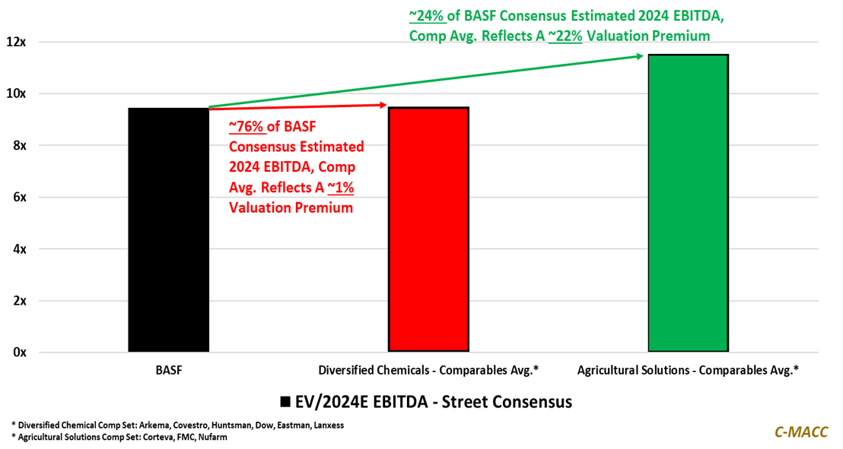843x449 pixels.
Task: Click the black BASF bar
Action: tap(168, 229)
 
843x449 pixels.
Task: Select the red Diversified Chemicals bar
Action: tap(428, 229)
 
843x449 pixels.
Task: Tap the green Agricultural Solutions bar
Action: tap(688, 203)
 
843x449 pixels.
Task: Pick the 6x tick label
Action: tap(18, 197)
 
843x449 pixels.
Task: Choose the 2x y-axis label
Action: tap(18, 300)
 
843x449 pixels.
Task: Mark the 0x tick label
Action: tap(18, 352)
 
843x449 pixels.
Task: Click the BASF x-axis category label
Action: tap(168, 371)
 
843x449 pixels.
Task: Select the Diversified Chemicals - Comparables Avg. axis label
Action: tap(428, 371)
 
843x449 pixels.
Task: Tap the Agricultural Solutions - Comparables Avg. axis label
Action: tap(688, 371)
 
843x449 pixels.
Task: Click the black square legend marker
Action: tap(285, 401)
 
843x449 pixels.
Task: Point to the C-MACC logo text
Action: tap(800, 432)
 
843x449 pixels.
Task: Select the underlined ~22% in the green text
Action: tap(565, 36)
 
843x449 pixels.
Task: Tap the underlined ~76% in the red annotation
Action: tap(246, 126)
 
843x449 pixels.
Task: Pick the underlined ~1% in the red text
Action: tap(340, 187)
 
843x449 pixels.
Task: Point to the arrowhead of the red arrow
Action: tap(383, 106)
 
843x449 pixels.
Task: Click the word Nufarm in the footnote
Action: tap(212, 437)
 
